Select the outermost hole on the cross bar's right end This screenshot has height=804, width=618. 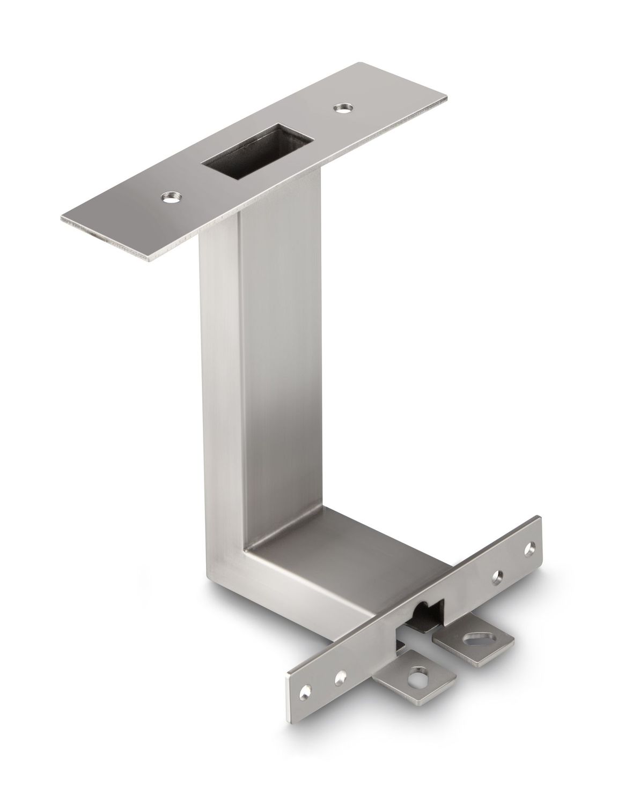530,548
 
